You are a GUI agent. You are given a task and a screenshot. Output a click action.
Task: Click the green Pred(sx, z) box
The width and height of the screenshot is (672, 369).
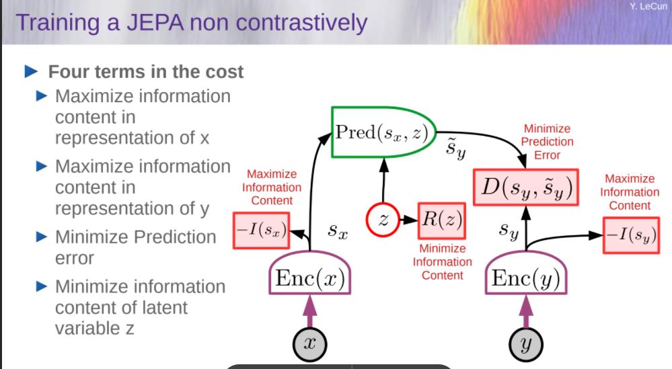click(x=383, y=132)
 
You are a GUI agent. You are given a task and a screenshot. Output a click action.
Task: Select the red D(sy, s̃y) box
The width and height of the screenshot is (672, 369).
click(x=526, y=187)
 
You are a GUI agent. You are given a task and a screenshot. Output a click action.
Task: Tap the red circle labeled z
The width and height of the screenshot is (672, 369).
click(x=383, y=220)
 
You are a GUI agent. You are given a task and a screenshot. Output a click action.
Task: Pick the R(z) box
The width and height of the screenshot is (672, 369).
click(x=442, y=220)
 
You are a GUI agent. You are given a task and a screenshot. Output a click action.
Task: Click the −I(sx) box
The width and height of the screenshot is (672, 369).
click(x=262, y=231)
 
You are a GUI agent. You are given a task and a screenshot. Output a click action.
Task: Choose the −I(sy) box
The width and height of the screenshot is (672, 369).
click(x=631, y=235)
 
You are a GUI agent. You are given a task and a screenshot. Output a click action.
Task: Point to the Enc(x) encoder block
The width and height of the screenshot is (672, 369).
click(x=310, y=273)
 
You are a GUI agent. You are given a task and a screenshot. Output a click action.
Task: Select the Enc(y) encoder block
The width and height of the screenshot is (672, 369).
click(x=526, y=273)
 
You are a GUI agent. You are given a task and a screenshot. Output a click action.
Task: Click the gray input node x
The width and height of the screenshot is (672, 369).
click(x=310, y=344)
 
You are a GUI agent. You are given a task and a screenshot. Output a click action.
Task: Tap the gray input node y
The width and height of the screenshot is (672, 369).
click(x=526, y=344)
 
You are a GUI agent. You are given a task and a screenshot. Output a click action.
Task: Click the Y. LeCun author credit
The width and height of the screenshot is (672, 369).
click(x=648, y=7)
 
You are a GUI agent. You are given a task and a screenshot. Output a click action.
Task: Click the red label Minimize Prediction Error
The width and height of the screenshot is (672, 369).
click(x=547, y=142)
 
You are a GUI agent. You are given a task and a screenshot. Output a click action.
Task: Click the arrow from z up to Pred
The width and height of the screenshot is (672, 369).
click(x=383, y=180)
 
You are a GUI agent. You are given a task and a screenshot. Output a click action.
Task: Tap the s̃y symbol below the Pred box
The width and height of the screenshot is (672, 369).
click(x=455, y=149)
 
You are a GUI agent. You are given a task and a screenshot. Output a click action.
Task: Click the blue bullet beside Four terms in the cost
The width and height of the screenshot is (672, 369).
click(x=32, y=71)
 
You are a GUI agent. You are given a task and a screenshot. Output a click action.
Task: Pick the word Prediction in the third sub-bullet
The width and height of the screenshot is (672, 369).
click(x=176, y=237)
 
